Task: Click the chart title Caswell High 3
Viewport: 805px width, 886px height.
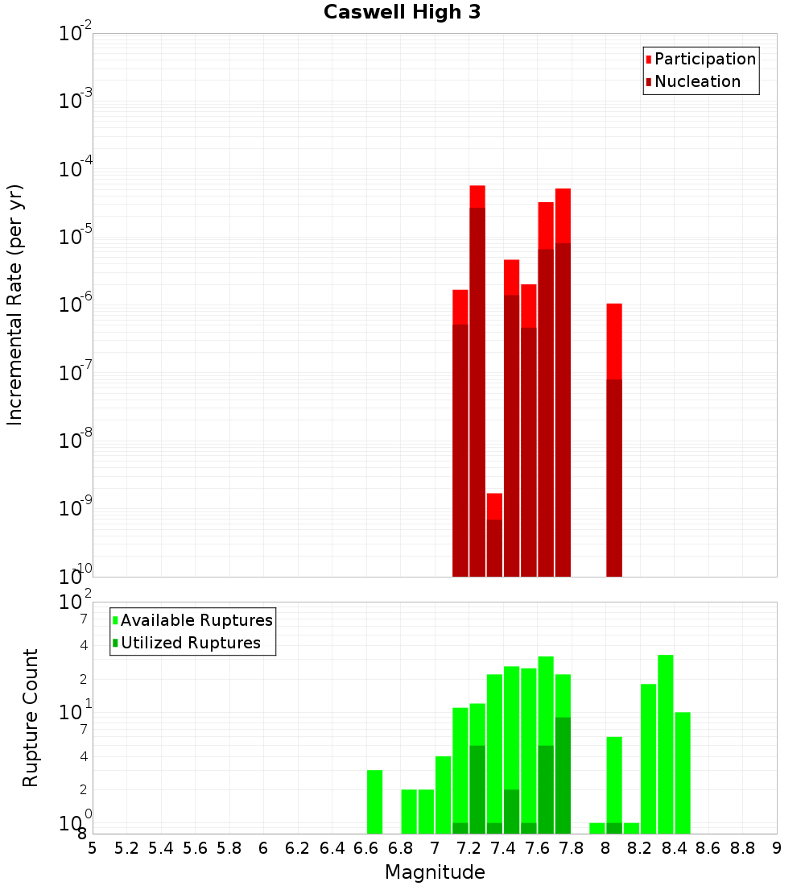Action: click(402, 13)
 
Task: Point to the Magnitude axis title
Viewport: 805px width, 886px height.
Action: click(435, 872)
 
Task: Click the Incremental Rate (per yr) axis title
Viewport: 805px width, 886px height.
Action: click(15, 304)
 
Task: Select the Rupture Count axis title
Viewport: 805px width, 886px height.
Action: click(31, 718)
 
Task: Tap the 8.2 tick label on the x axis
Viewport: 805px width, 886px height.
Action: click(640, 847)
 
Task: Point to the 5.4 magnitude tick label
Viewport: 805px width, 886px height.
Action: click(161, 847)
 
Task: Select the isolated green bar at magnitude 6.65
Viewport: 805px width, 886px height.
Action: click(374, 801)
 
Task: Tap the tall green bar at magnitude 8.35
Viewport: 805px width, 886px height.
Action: click(666, 744)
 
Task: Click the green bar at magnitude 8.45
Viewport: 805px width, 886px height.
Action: click(683, 772)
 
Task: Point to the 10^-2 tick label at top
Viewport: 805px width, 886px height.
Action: click(76, 33)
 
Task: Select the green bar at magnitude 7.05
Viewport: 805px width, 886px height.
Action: click(443, 795)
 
